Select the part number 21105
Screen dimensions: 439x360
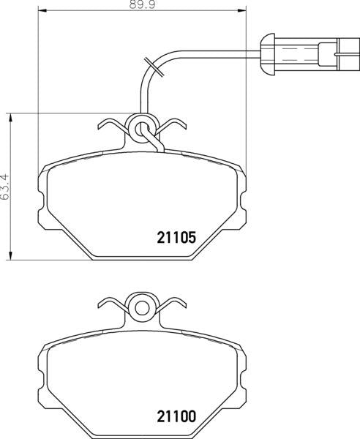coord(176,237)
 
